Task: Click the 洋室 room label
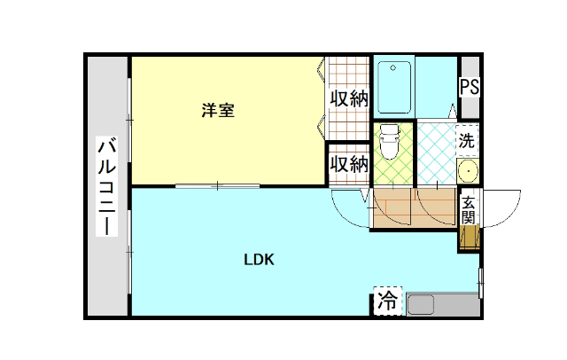pyautogui.click(x=218, y=111)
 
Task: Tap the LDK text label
pyautogui.click(x=260, y=260)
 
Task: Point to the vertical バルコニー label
pyautogui.click(x=107, y=186)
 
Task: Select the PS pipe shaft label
pyautogui.click(x=469, y=87)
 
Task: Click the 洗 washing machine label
pyautogui.click(x=467, y=139)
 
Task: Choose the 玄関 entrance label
pyautogui.click(x=468, y=210)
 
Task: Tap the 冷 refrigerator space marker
pyautogui.click(x=387, y=301)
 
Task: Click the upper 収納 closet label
pyautogui.click(x=349, y=98)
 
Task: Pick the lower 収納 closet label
pyautogui.click(x=349, y=164)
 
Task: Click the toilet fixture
pyautogui.click(x=388, y=142)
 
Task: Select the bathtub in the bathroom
pyautogui.click(x=393, y=86)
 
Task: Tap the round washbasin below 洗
pyautogui.click(x=467, y=170)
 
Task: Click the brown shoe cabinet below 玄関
pyautogui.click(x=468, y=237)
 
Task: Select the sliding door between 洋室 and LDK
pyautogui.click(x=217, y=185)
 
